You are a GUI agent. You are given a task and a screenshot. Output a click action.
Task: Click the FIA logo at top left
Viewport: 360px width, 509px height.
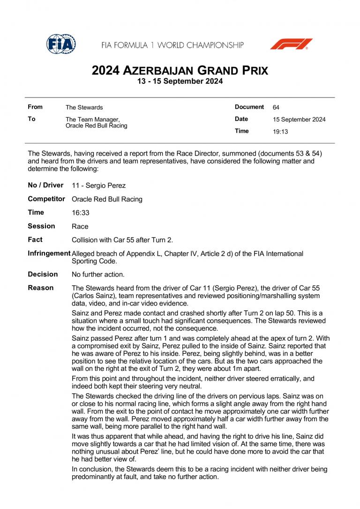[x=61, y=44]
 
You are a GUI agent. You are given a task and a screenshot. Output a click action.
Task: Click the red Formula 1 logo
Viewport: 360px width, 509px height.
[x=291, y=44]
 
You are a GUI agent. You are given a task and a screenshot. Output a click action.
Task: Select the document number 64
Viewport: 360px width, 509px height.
[x=276, y=107]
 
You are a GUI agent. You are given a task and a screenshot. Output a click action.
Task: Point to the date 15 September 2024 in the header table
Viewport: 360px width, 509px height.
[x=299, y=120]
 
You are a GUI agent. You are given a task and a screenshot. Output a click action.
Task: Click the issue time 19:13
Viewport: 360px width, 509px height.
[x=280, y=132]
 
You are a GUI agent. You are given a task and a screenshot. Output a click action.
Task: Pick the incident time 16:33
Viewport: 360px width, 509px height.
[x=80, y=213]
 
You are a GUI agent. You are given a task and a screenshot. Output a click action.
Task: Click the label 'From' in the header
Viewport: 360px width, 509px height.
[x=35, y=107]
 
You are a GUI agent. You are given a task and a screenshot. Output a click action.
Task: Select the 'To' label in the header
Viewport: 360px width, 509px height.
[x=31, y=119]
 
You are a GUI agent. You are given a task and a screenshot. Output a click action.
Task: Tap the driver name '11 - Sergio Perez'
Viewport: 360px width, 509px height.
[x=98, y=186]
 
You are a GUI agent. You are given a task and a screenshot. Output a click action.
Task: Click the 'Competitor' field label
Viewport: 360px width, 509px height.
[x=46, y=199]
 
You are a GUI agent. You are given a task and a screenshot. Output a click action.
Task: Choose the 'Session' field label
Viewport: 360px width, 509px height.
[x=41, y=226]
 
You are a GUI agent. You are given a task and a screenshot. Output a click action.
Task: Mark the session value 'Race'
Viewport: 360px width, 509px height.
[x=80, y=226]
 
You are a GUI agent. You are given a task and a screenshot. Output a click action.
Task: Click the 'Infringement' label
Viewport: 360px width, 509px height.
[x=49, y=254]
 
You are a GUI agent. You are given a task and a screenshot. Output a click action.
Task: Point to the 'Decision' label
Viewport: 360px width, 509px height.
[x=43, y=274]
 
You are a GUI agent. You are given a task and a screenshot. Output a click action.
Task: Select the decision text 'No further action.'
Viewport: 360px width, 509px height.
[x=98, y=274]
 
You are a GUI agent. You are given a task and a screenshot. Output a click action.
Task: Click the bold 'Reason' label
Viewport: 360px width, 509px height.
[x=41, y=288]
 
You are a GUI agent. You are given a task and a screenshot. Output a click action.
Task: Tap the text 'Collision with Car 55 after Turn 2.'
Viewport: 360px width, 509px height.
[x=122, y=240]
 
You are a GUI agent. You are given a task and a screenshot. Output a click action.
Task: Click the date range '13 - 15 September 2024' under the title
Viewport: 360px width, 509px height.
[x=180, y=81]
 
